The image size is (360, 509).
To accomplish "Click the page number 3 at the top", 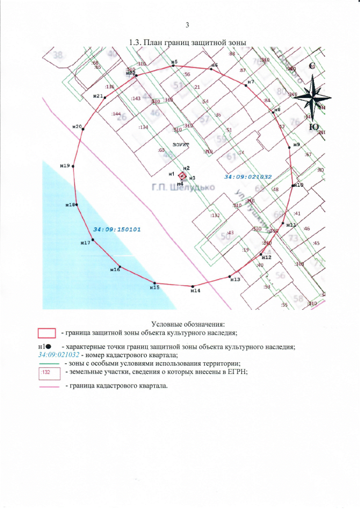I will point(187,25).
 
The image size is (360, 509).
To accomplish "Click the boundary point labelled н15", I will point(155,283).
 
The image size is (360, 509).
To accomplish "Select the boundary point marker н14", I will point(192,286).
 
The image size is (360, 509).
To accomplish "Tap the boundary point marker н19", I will point(73,166).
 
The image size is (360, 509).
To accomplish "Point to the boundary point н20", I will point(83,129).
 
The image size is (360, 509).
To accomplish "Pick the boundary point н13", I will point(230,276).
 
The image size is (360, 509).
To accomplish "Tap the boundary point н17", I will point(93,240).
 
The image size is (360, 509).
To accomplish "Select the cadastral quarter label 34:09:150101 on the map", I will point(117,229).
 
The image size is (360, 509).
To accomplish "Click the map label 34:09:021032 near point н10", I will point(248,177).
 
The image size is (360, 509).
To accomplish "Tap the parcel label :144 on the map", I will point(116,114).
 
